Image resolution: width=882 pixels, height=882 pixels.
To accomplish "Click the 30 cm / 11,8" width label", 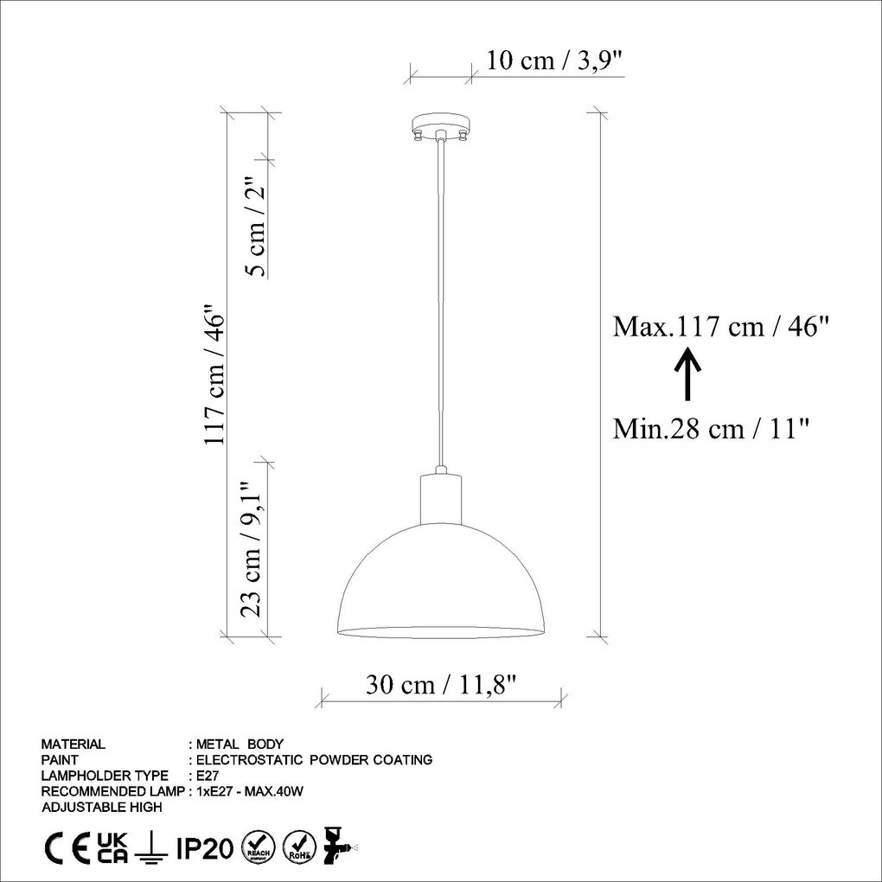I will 441,685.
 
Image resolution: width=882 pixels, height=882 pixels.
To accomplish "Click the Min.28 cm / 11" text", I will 711,428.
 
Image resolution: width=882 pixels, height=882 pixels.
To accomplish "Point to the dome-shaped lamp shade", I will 441,584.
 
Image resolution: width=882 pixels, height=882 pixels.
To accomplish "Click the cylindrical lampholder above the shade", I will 441,499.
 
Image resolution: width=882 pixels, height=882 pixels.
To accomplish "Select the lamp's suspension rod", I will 441,303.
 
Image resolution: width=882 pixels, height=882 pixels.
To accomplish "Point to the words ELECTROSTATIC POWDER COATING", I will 315,760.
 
